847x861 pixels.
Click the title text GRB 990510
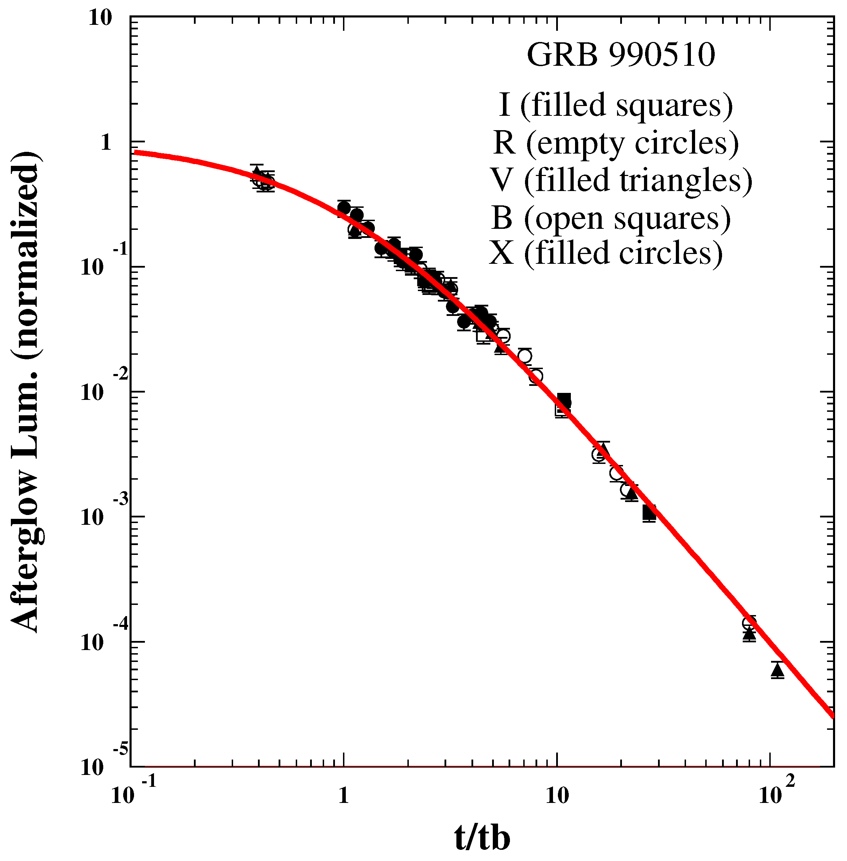coord(621,56)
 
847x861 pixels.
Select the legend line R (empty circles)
coord(616,143)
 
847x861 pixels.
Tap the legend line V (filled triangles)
coord(621,181)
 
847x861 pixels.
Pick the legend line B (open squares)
coord(611,218)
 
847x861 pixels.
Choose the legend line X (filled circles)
coord(605,254)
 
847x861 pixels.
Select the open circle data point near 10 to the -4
coord(749,623)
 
